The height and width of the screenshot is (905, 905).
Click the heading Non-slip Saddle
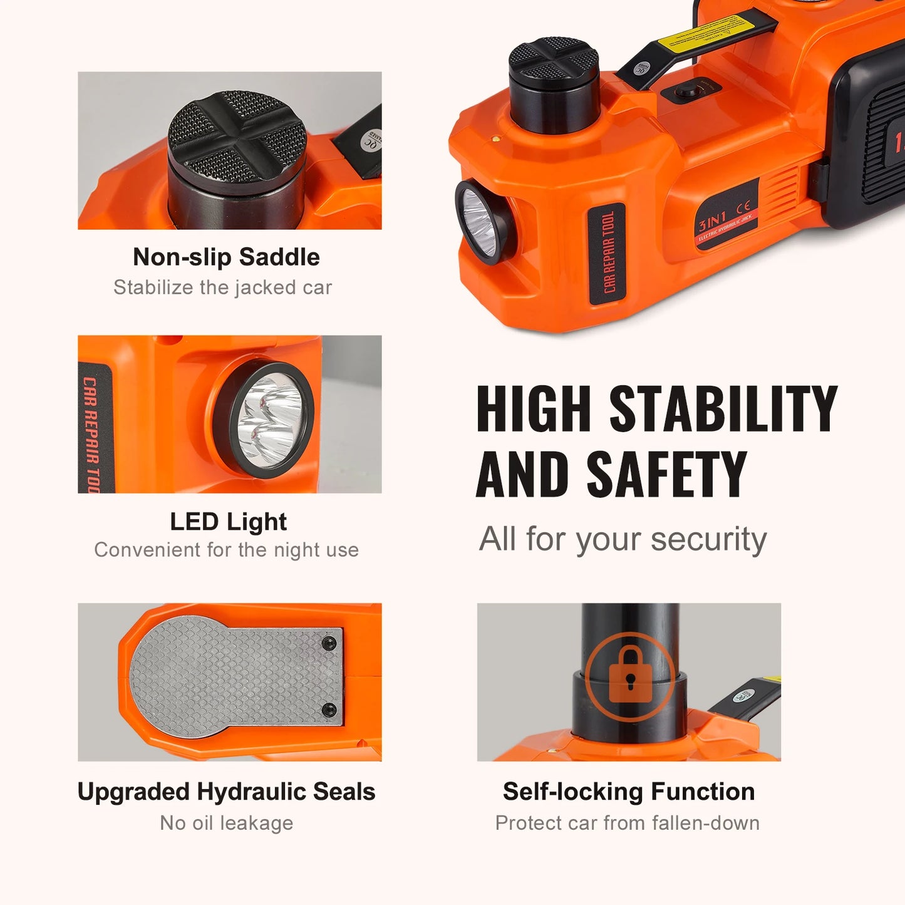click(226, 257)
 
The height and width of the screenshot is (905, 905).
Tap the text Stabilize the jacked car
click(222, 287)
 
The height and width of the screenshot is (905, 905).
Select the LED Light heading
click(228, 522)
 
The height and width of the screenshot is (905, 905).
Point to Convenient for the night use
click(226, 550)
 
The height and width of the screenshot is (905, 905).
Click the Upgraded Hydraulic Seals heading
click(226, 792)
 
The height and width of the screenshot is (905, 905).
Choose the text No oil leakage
click(226, 822)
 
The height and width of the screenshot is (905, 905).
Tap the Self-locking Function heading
click(628, 792)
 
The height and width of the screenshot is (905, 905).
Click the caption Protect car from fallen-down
click(627, 822)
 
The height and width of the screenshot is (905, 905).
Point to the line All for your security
click(623, 539)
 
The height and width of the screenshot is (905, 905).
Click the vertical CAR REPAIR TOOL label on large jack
click(608, 253)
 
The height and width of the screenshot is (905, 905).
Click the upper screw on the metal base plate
click(329, 644)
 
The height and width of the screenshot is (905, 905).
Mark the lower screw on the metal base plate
click(329, 710)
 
